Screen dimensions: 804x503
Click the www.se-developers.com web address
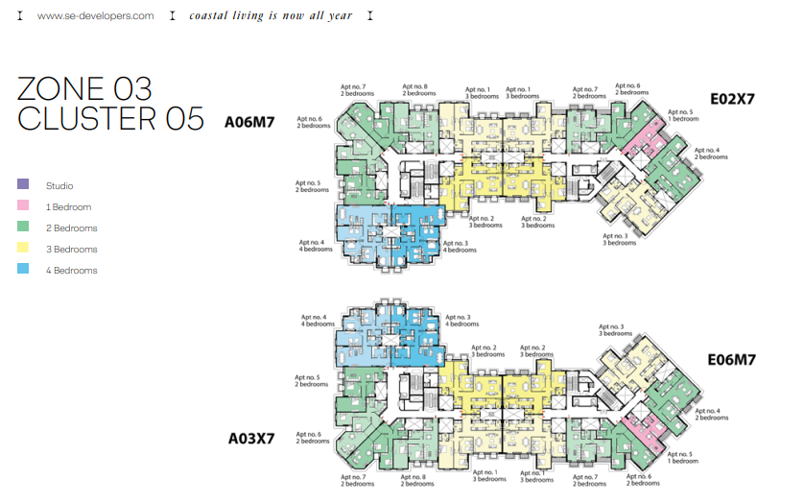click(x=95, y=16)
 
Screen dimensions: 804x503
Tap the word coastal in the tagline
click(x=208, y=15)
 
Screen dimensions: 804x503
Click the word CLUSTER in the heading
click(x=87, y=119)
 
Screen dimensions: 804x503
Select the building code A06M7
click(x=249, y=122)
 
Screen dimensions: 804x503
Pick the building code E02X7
click(x=732, y=99)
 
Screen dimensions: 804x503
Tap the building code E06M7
click(x=732, y=360)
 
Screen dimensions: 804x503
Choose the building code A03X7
click(x=251, y=439)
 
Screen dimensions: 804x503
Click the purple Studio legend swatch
click(x=23, y=183)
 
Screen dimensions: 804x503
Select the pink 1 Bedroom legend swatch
click(x=23, y=204)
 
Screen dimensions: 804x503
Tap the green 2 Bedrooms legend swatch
click(x=23, y=226)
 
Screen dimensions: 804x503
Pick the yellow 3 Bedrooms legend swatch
click(x=23, y=247)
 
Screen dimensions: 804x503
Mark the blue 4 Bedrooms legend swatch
click(x=23, y=268)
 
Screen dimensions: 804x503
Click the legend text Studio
click(x=59, y=186)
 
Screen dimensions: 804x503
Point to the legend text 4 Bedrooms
click(x=72, y=271)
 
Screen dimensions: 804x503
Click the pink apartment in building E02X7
click(x=644, y=137)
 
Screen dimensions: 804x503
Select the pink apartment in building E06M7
click(x=644, y=430)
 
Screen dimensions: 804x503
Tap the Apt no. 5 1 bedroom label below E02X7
click(x=683, y=115)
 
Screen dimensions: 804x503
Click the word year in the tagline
click(x=340, y=16)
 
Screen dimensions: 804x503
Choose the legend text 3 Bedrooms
click(x=72, y=250)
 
